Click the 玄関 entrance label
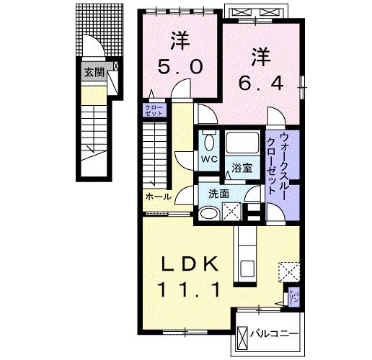click(93, 72)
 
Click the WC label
click(208, 158)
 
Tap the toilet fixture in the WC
click(209, 140)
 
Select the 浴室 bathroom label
click(242, 168)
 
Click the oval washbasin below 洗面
click(209, 212)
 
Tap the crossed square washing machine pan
click(233, 212)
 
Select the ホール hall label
click(158, 197)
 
